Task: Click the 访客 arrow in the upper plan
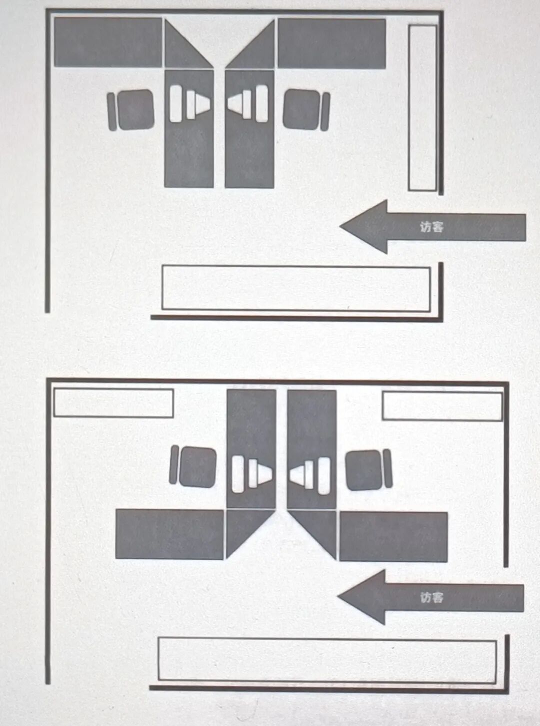point(432,227)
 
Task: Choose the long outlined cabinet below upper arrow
point(296,288)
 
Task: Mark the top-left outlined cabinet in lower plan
point(113,403)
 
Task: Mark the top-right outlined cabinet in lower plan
point(442,406)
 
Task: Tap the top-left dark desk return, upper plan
point(108,42)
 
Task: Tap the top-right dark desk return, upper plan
point(332,44)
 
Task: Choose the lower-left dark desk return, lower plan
point(169,534)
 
